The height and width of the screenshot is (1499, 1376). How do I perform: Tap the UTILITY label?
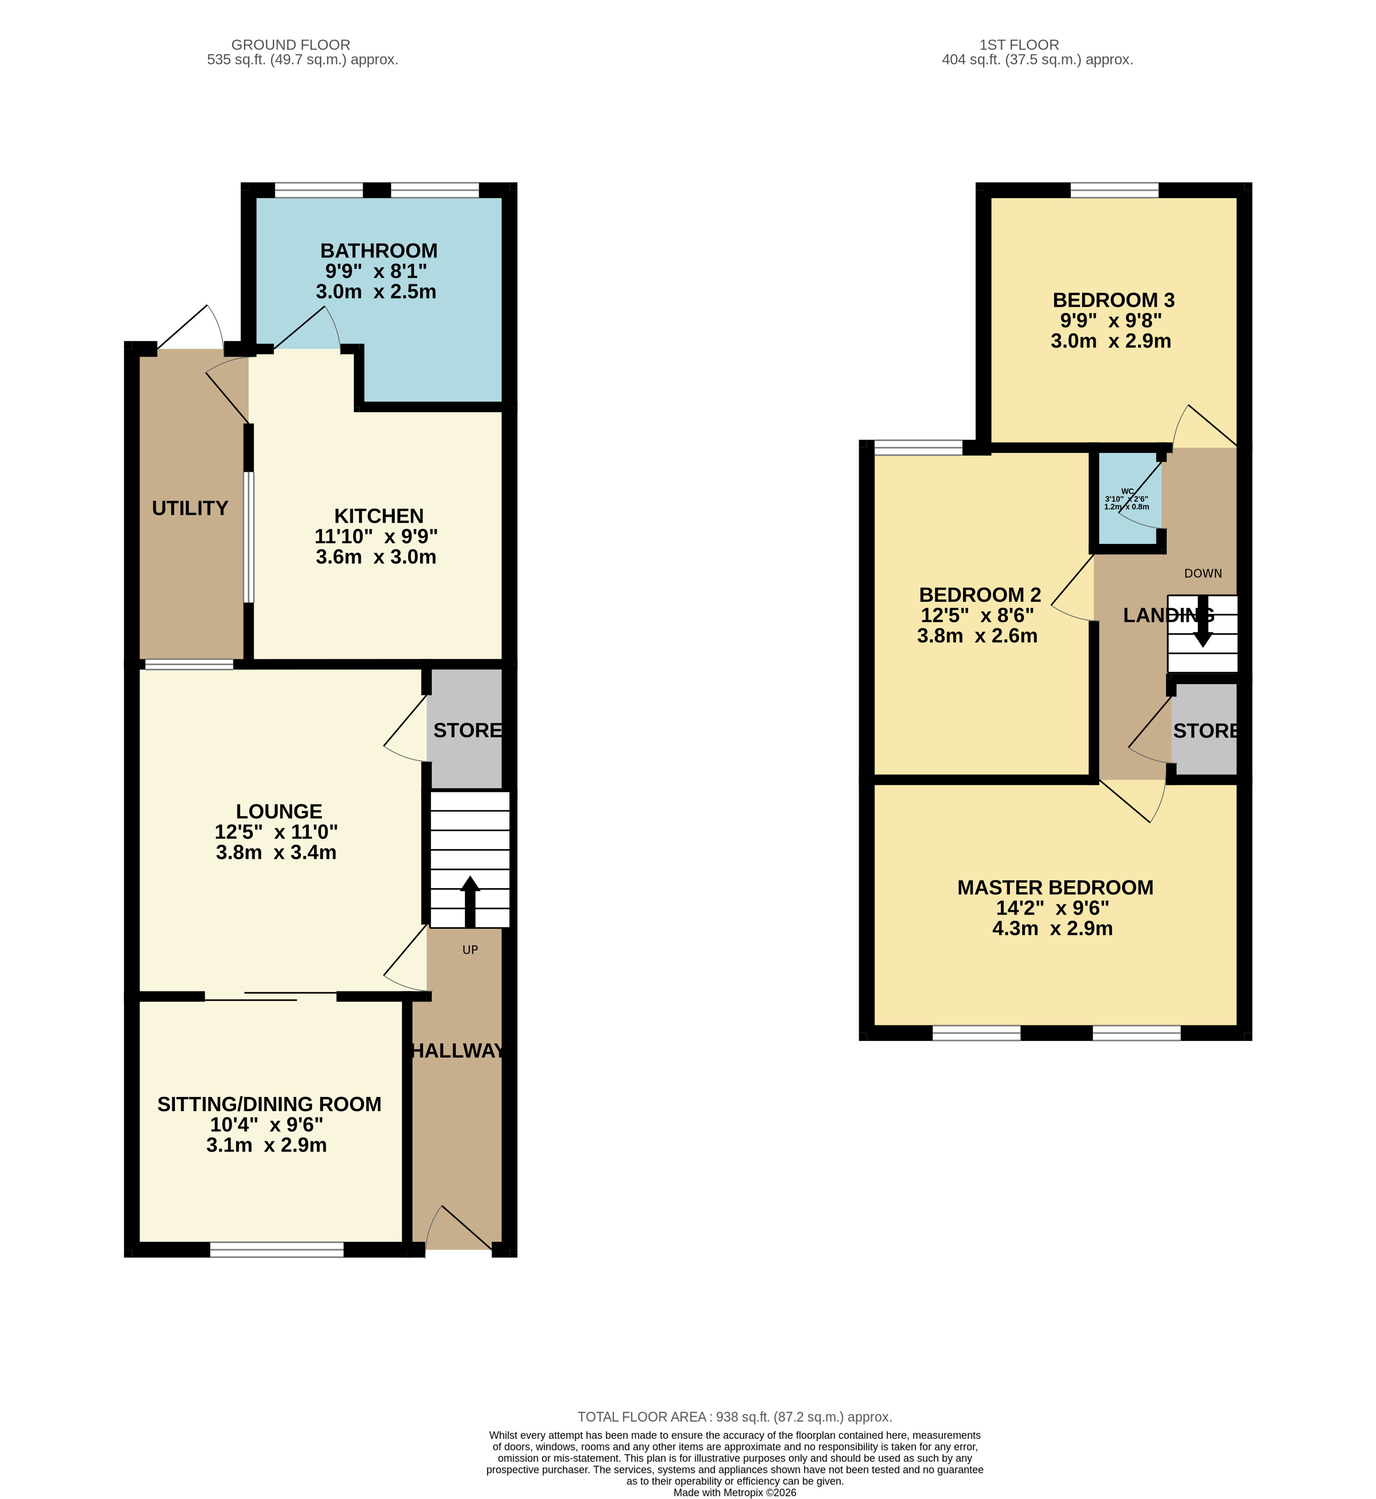[190, 508]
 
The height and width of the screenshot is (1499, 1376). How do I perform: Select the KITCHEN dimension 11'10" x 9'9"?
[376, 536]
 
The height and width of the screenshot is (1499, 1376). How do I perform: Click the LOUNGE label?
[279, 811]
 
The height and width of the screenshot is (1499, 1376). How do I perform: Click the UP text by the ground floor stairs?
[470, 950]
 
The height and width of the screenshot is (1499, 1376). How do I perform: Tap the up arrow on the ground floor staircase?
[470, 901]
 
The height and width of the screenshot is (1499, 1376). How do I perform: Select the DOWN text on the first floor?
[1203, 573]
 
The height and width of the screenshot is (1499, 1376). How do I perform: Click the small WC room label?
[1128, 491]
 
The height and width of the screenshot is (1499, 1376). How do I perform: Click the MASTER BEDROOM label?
[1055, 887]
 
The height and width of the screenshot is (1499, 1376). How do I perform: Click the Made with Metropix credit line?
[735, 1492]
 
